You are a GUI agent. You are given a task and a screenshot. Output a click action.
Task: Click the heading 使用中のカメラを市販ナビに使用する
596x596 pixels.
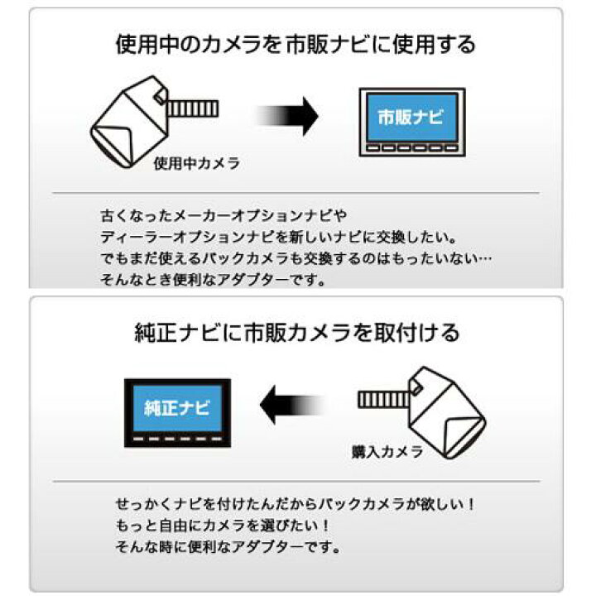[x=296, y=45]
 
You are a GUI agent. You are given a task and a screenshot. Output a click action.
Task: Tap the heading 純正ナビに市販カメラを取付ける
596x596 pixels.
[x=297, y=333]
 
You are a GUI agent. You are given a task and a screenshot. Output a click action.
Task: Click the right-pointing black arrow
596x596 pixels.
[x=287, y=116]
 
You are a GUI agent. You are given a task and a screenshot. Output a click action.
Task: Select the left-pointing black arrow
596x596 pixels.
[x=292, y=405]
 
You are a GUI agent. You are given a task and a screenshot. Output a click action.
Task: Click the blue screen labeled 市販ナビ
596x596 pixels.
[x=412, y=118]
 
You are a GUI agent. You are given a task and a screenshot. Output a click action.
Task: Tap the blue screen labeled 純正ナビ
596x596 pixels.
[x=177, y=408]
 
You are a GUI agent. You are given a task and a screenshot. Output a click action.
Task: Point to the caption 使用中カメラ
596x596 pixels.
[x=196, y=163]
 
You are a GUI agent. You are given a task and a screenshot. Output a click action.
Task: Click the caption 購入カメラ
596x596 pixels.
[x=387, y=452]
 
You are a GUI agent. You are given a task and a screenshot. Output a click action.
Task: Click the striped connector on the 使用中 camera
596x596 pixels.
[x=192, y=108]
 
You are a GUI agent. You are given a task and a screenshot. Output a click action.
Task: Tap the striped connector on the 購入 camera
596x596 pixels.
[x=384, y=400]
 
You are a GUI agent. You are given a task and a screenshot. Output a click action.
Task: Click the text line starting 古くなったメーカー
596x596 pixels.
[x=223, y=216]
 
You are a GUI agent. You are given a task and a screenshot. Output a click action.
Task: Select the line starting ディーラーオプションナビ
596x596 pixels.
[x=279, y=238]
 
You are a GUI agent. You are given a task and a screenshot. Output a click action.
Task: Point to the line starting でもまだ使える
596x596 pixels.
[x=296, y=258]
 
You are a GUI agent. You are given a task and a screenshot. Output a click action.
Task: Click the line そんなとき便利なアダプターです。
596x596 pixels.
[x=214, y=280]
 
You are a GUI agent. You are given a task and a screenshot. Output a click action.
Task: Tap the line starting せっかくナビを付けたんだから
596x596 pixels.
[x=296, y=504]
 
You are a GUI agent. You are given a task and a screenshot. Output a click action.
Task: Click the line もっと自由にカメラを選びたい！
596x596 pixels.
[x=223, y=526]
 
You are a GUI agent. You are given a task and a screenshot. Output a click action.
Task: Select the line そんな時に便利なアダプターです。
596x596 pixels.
[x=228, y=547]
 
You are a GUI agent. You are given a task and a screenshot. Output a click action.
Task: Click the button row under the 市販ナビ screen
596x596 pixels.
[x=412, y=148]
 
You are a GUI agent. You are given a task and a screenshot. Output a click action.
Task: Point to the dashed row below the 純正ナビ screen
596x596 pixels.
[x=177, y=439]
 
